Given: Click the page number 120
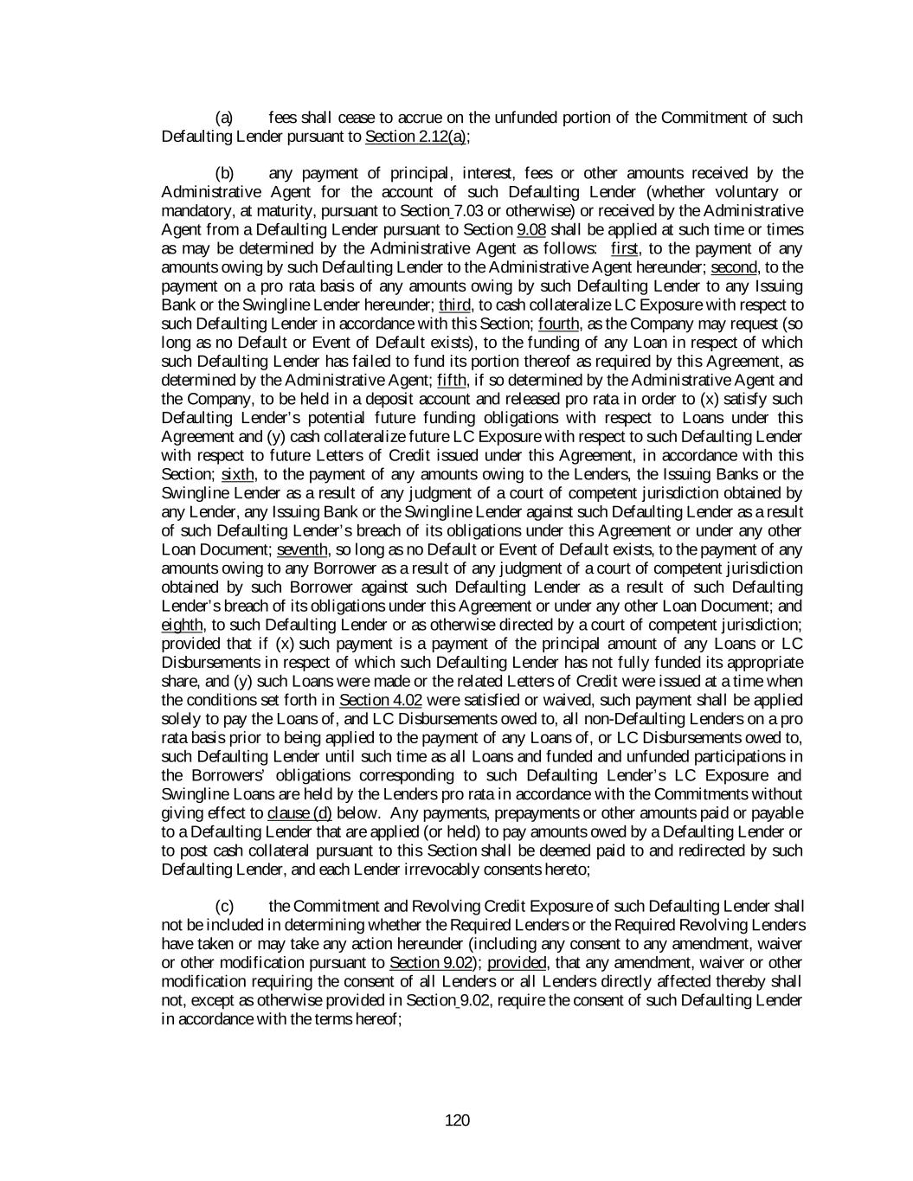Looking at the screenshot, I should tap(457, 1120).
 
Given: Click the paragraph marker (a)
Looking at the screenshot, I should tap(224, 117).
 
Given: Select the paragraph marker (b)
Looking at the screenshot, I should tap(224, 173).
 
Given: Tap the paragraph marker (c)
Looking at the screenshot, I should tap(224, 906).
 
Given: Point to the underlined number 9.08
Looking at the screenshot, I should tap(531, 229).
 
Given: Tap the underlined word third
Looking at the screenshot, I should tap(454, 305).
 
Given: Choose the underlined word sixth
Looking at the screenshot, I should tap(238, 474).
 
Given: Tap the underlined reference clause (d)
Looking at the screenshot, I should tap(299, 812).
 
